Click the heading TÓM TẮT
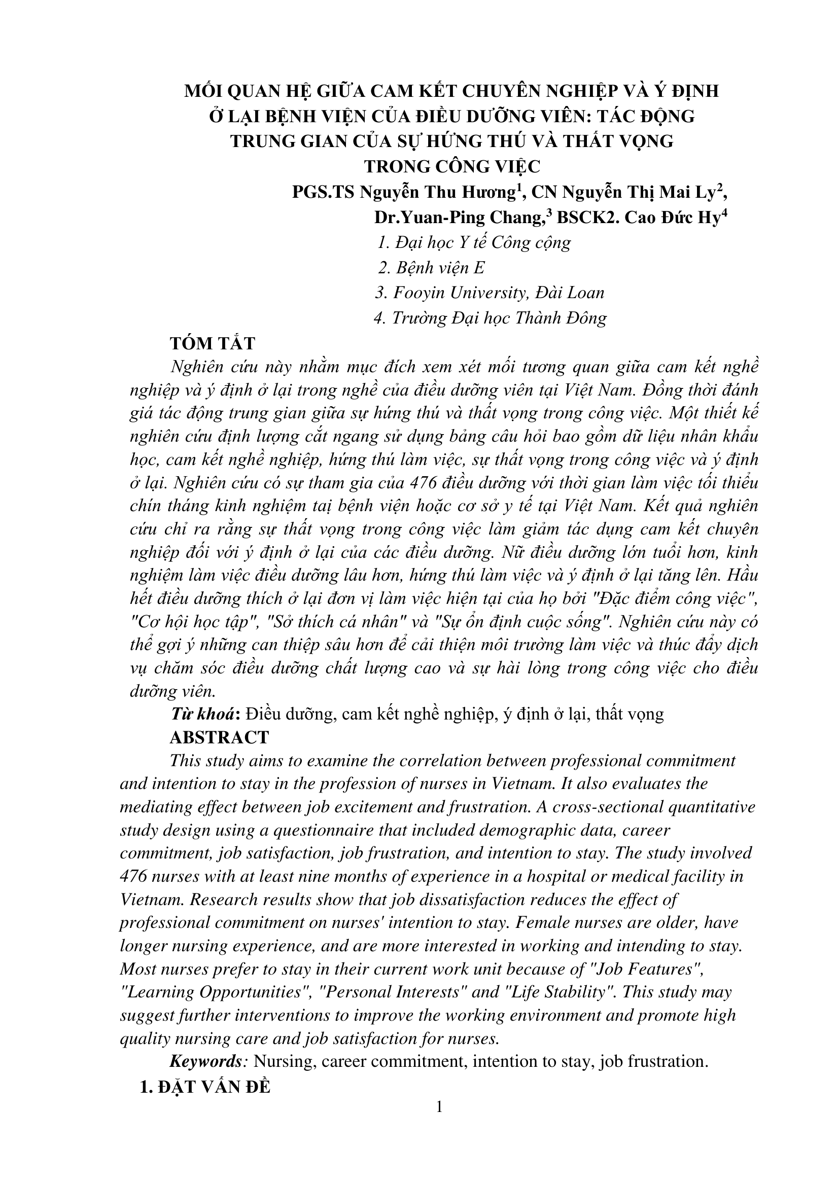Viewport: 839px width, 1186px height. click(213, 343)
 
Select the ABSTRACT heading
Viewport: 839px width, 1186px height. click(219, 737)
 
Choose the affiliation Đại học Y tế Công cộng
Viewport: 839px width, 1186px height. click(474, 242)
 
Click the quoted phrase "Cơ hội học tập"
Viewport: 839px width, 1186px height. click(196, 622)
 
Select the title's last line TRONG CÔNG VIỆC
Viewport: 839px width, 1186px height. click(452, 166)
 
